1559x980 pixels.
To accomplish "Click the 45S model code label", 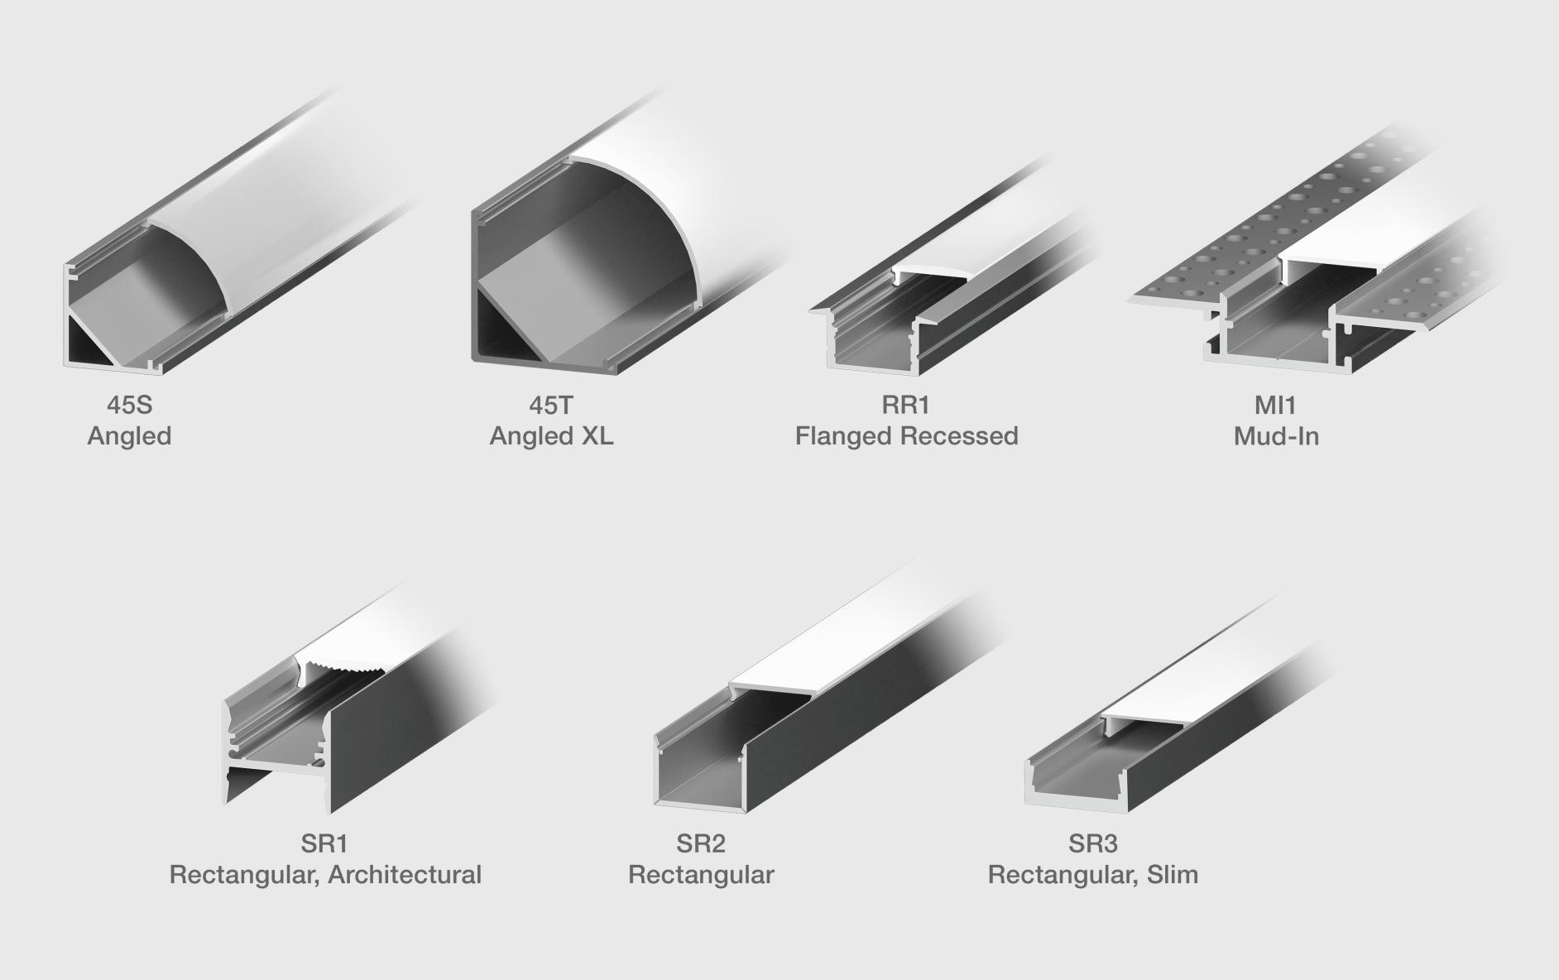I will [x=130, y=405].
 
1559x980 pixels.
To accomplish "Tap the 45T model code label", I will [x=551, y=405].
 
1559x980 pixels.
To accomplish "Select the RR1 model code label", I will [x=906, y=405].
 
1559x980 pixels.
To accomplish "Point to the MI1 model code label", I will [x=1275, y=405].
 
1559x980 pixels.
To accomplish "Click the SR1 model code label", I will [x=324, y=843].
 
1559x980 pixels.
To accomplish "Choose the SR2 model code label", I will [x=701, y=843].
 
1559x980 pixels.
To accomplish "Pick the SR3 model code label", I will [x=1092, y=843].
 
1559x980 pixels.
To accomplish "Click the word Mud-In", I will [x=1276, y=436].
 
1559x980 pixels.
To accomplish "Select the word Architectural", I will [x=405, y=875].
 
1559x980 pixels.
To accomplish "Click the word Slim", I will [x=1173, y=875].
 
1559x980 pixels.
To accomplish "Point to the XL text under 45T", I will [x=596, y=436].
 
